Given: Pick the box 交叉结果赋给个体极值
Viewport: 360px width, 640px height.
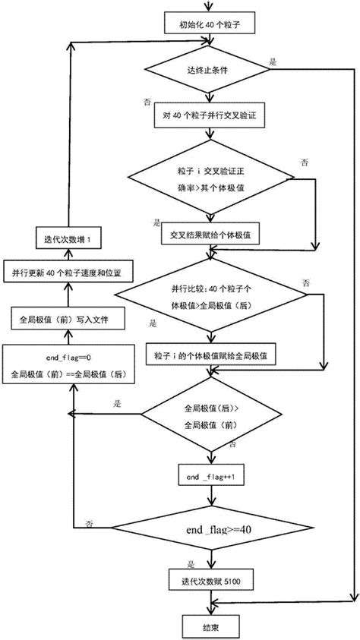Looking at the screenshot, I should coord(210,235).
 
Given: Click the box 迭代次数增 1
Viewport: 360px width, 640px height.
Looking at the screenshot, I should coord(68,239).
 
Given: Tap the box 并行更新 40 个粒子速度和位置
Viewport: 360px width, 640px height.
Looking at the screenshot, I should coord(68,272).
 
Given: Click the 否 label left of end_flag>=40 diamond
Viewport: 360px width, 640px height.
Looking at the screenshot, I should coord(90,524).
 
